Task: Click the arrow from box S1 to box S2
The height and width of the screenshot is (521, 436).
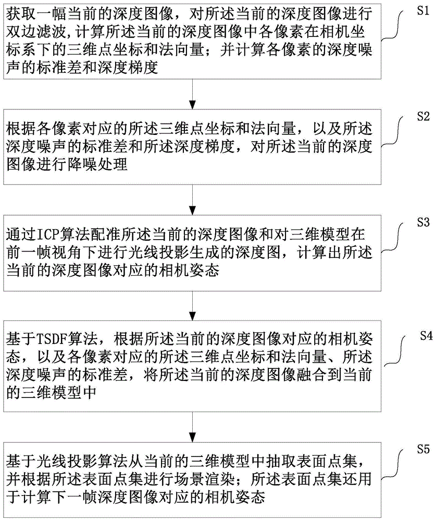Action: [193, 93]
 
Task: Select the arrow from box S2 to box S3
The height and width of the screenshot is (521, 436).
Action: [193, 199]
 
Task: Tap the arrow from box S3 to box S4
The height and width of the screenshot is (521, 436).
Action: [193, 304]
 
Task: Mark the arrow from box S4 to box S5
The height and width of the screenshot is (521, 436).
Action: [193, 423]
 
